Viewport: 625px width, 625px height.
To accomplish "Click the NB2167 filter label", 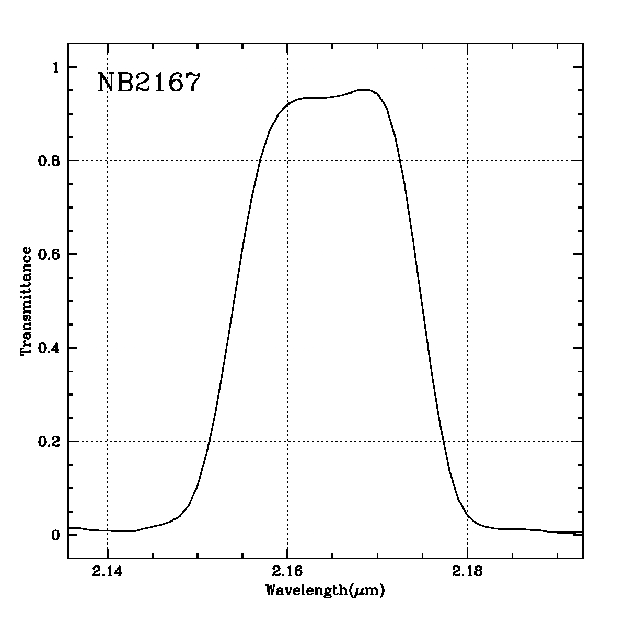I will (149, 83).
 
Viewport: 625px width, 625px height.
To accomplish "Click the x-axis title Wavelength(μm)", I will (326, 591).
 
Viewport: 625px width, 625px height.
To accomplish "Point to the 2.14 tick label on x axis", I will (107, 572).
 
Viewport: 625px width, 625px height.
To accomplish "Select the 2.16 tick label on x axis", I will (287, 572).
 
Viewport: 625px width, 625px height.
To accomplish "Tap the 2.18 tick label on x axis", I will (467, 572).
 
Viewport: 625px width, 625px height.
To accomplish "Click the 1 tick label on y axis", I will (57, 67).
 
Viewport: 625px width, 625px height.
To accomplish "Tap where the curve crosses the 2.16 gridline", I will (287, 105).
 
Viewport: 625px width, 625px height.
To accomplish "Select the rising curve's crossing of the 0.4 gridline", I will (226, 348).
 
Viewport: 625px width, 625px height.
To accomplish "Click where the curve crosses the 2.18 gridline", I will (467, 514).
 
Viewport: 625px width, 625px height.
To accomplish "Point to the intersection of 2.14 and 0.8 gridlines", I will (107, 160).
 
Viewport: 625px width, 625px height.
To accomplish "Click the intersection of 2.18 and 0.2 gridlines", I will (467, 441).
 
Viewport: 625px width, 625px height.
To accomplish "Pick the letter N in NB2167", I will (107, 83).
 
